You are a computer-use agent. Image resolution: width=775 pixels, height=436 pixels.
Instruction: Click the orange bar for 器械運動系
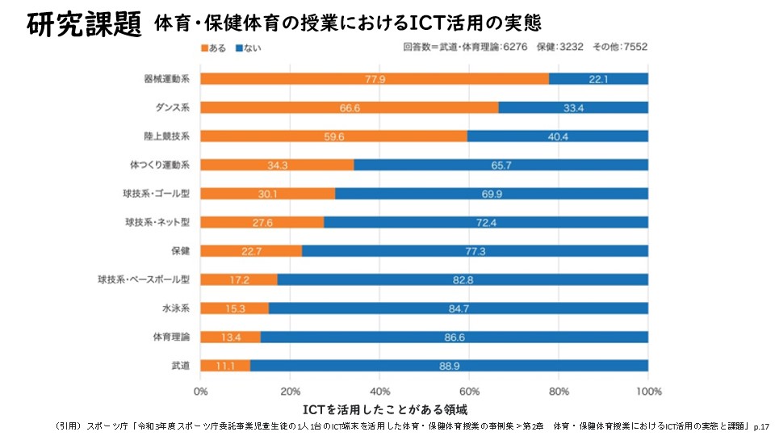pos(375,78)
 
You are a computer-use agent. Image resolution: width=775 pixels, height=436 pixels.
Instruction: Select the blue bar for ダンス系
pos(573,107)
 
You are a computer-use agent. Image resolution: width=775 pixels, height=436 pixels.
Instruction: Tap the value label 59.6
pos(333,136)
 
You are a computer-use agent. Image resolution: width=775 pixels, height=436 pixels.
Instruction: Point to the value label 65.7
pos(501,165)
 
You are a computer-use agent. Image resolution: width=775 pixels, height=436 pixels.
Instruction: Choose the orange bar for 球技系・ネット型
pos(262,222)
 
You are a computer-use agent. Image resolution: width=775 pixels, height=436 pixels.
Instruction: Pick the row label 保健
pos(179,250)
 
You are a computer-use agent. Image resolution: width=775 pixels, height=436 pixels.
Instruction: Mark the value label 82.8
pos(463,279)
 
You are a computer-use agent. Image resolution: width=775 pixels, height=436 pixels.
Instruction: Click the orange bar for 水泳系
pos(235,308)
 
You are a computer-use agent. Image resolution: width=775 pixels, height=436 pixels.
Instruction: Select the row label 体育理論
pos(171,337)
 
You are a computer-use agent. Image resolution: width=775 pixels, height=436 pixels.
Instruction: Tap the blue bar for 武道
pos(449,365)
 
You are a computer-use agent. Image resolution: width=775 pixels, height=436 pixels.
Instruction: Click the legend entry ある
pos(213,48)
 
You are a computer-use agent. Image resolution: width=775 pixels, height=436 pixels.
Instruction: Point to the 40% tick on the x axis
pos(379,392)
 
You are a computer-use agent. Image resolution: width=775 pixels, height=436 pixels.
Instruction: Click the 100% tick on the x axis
pos(648,392)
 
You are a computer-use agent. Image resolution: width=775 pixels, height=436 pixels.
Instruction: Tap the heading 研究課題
pos(84,24)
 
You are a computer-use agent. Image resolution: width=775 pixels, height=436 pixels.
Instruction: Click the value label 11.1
pos(225,366)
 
